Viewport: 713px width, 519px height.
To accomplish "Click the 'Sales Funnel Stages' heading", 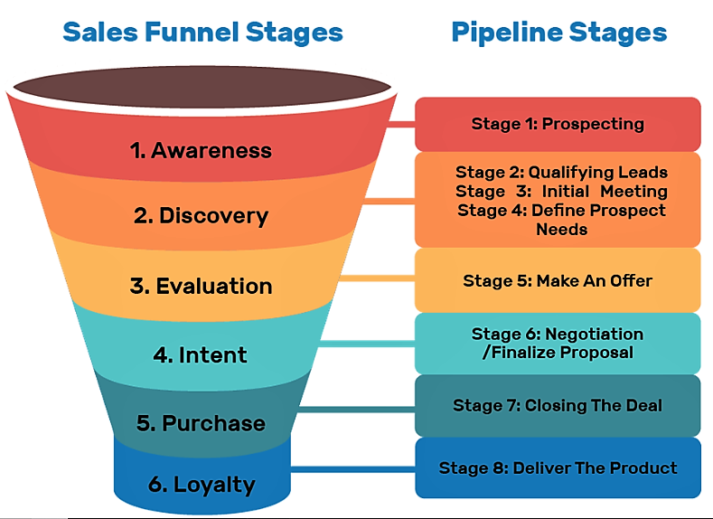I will [202, 33].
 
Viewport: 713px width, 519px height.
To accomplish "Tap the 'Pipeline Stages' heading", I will [558, 33].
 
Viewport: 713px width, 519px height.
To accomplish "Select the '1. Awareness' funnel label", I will [201, 150].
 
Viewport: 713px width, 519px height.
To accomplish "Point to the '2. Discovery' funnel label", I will [201, 216].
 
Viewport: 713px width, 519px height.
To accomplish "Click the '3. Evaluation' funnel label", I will [201, 286].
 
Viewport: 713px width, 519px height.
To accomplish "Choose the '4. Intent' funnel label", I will [200, 354].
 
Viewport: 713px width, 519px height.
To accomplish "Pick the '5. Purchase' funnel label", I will [201, 423].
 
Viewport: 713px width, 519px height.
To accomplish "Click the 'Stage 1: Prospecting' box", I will [558, 124].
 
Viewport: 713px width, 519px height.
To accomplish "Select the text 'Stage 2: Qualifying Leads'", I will [561, 172].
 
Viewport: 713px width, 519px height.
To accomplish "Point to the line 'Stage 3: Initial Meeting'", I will [561, 191].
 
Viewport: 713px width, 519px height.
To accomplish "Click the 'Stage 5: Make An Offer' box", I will [558, 280].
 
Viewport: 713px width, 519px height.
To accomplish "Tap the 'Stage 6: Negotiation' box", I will [558, 343].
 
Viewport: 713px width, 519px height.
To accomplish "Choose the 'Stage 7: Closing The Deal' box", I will [558, 405].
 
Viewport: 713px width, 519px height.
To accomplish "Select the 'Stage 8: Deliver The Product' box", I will [558, 467].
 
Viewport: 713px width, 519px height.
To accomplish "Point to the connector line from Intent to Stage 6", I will [366, 343].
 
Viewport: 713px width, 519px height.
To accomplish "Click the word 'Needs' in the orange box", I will [561, 230].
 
